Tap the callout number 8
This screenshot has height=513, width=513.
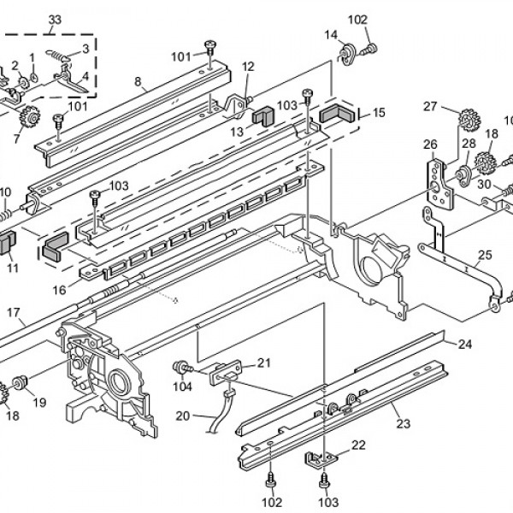138,82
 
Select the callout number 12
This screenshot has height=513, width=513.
249,67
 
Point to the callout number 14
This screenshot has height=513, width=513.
331,34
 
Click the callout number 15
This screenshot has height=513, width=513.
379,112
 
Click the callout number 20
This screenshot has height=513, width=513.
182,416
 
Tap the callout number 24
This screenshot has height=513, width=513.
464,345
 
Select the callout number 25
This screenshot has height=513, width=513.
485,255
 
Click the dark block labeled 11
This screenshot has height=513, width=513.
7,244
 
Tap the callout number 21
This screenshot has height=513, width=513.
263,363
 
